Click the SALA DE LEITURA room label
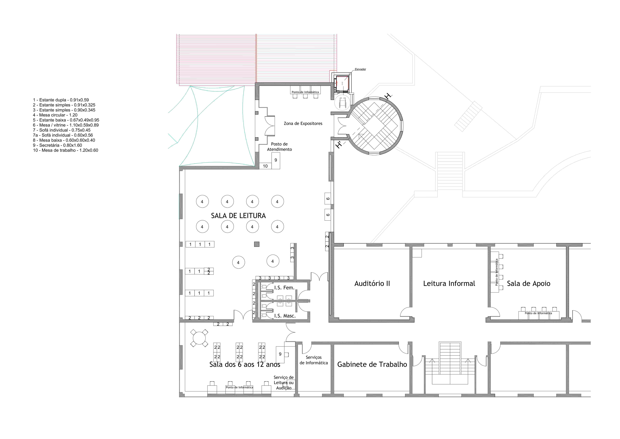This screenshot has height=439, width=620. point(238,216)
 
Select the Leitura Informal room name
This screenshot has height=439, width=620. point(449,284)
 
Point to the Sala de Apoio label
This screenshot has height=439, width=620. point(528,284)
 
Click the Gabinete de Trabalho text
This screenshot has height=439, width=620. point(372,364)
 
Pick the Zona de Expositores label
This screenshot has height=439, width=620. point(303,123)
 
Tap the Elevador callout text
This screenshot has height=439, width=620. point(360,69)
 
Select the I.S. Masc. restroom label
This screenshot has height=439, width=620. point(285,316)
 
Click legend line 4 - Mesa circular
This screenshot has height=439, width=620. point(55,115)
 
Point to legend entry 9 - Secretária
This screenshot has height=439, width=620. point(58,145)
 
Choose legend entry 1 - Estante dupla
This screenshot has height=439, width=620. point(61,100)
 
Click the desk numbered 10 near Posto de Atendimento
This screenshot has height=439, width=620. point(265,166)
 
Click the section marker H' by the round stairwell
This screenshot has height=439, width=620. point(339,145)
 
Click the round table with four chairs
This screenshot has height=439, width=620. point(199,338)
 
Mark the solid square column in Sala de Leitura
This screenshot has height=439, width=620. point(257,244)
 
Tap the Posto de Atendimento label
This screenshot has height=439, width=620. point(279,147)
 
